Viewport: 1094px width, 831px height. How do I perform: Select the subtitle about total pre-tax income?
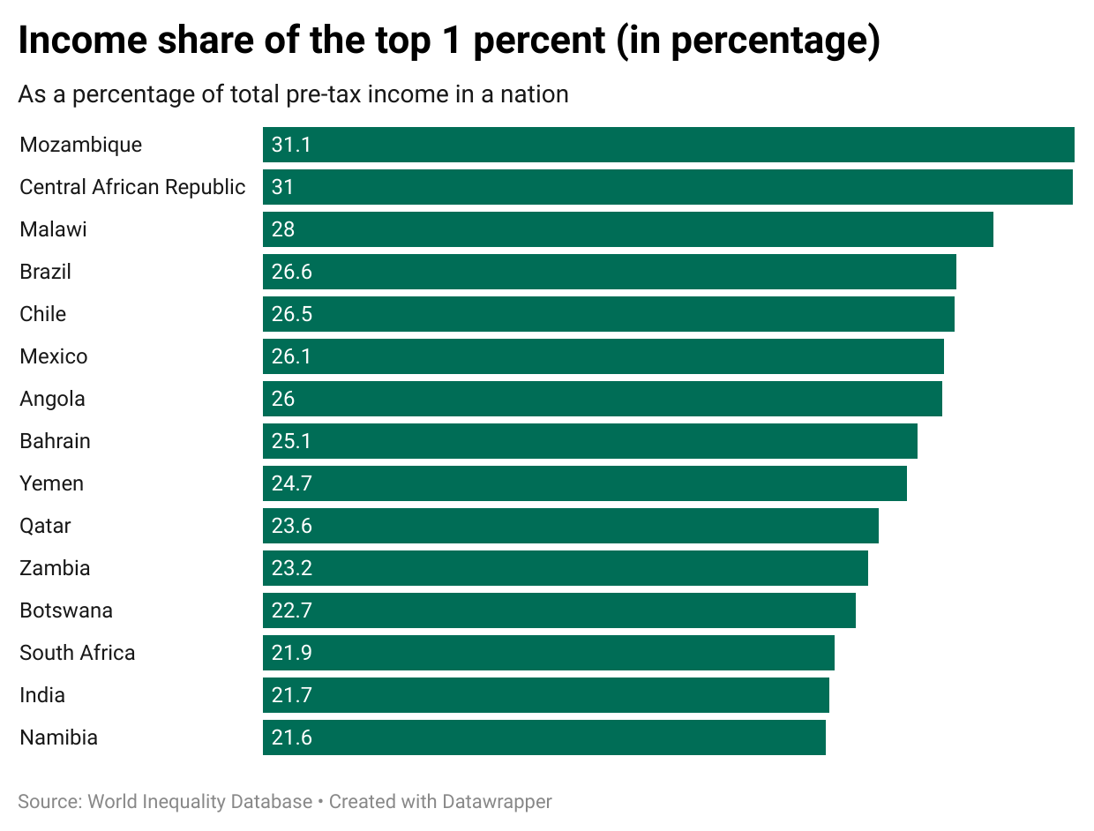tap(293, 94)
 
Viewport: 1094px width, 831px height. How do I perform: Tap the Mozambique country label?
tap(80, 145)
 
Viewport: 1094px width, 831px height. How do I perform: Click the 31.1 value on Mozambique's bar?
tap(290, 145)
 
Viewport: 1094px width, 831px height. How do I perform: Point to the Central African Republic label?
tap(132, 187)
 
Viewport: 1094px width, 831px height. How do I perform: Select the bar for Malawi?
tap(627, 229)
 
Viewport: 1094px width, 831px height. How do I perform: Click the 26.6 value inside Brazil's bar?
tap(291, 272)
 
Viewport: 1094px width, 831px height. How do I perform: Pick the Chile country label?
tap(42, 314)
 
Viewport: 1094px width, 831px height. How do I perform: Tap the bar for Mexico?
tap(603, 356)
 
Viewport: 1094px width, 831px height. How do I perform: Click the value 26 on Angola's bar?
tap(283, 399)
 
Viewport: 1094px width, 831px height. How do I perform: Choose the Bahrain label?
tap(55, 441)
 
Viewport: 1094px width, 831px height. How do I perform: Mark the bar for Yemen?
tap(584, 483)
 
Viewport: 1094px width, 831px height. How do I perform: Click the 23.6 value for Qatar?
tap(291, 526)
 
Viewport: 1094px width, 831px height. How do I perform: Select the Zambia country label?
tap(55, 568)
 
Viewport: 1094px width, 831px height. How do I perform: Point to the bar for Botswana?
tap(558, 610)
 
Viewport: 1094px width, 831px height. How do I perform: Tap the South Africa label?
tap(78, 653)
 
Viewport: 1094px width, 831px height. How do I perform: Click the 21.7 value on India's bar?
tap(291, 695)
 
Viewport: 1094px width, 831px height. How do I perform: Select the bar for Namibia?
tap(543, 737)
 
